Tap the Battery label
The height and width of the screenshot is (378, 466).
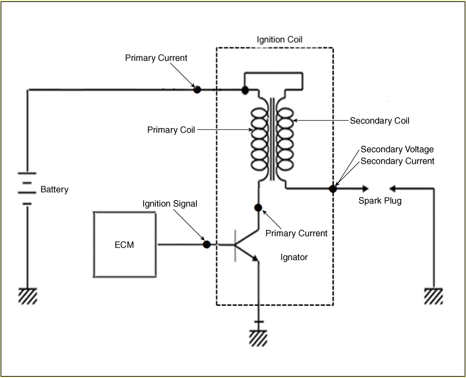(54, 190)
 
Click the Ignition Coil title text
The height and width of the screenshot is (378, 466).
(279, 40)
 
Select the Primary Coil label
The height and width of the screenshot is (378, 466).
(171, 130)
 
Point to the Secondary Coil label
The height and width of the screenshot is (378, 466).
(380, 121)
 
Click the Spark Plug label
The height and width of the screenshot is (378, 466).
(380, 201)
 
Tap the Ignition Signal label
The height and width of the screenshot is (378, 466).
(170, 204)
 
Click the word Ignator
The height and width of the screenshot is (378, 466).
(294, 257)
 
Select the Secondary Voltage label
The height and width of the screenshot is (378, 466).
(397, 149)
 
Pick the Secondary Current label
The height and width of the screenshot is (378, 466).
(397, 161)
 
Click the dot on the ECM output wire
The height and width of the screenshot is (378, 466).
(207, 245)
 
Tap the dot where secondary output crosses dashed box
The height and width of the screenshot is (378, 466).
(333, 188)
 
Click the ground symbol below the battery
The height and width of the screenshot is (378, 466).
(28, 296)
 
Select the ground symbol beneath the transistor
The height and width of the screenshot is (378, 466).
(259, 338)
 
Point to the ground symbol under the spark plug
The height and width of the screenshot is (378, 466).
(434, 296)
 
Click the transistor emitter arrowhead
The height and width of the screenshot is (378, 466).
(255, 258)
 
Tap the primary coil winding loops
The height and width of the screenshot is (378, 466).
(259, 139)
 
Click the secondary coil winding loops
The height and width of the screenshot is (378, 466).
(285, 139)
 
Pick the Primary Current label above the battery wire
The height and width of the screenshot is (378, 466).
(156, 58)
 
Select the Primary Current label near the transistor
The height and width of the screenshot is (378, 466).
(296, 233)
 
